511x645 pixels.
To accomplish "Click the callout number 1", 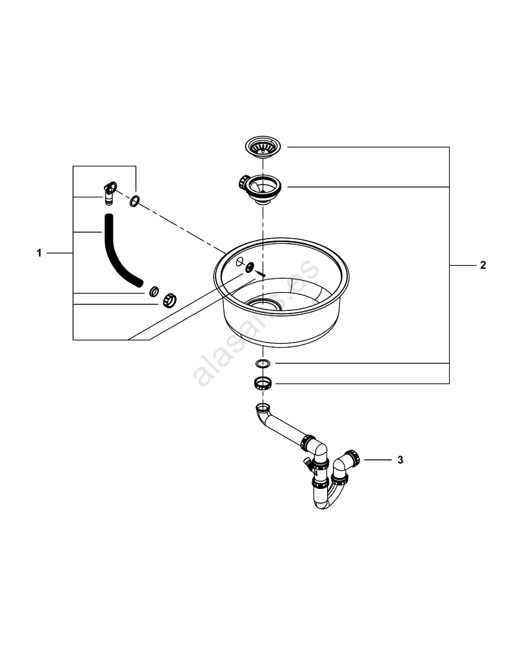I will click(x=39, y=253).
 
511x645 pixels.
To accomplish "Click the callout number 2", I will click(x=483, y=265).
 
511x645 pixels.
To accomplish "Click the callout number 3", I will click(x=400, y=460).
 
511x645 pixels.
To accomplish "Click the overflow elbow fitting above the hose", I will click(x=110, y=191).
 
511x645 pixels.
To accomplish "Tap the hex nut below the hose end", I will click(x=169, y=300).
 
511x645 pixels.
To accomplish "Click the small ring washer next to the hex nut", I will click(x=154, y=292).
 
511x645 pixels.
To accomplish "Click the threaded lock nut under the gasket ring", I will click(x=262, y=384).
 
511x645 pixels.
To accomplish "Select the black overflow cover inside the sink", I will click(x=249, y=268).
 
